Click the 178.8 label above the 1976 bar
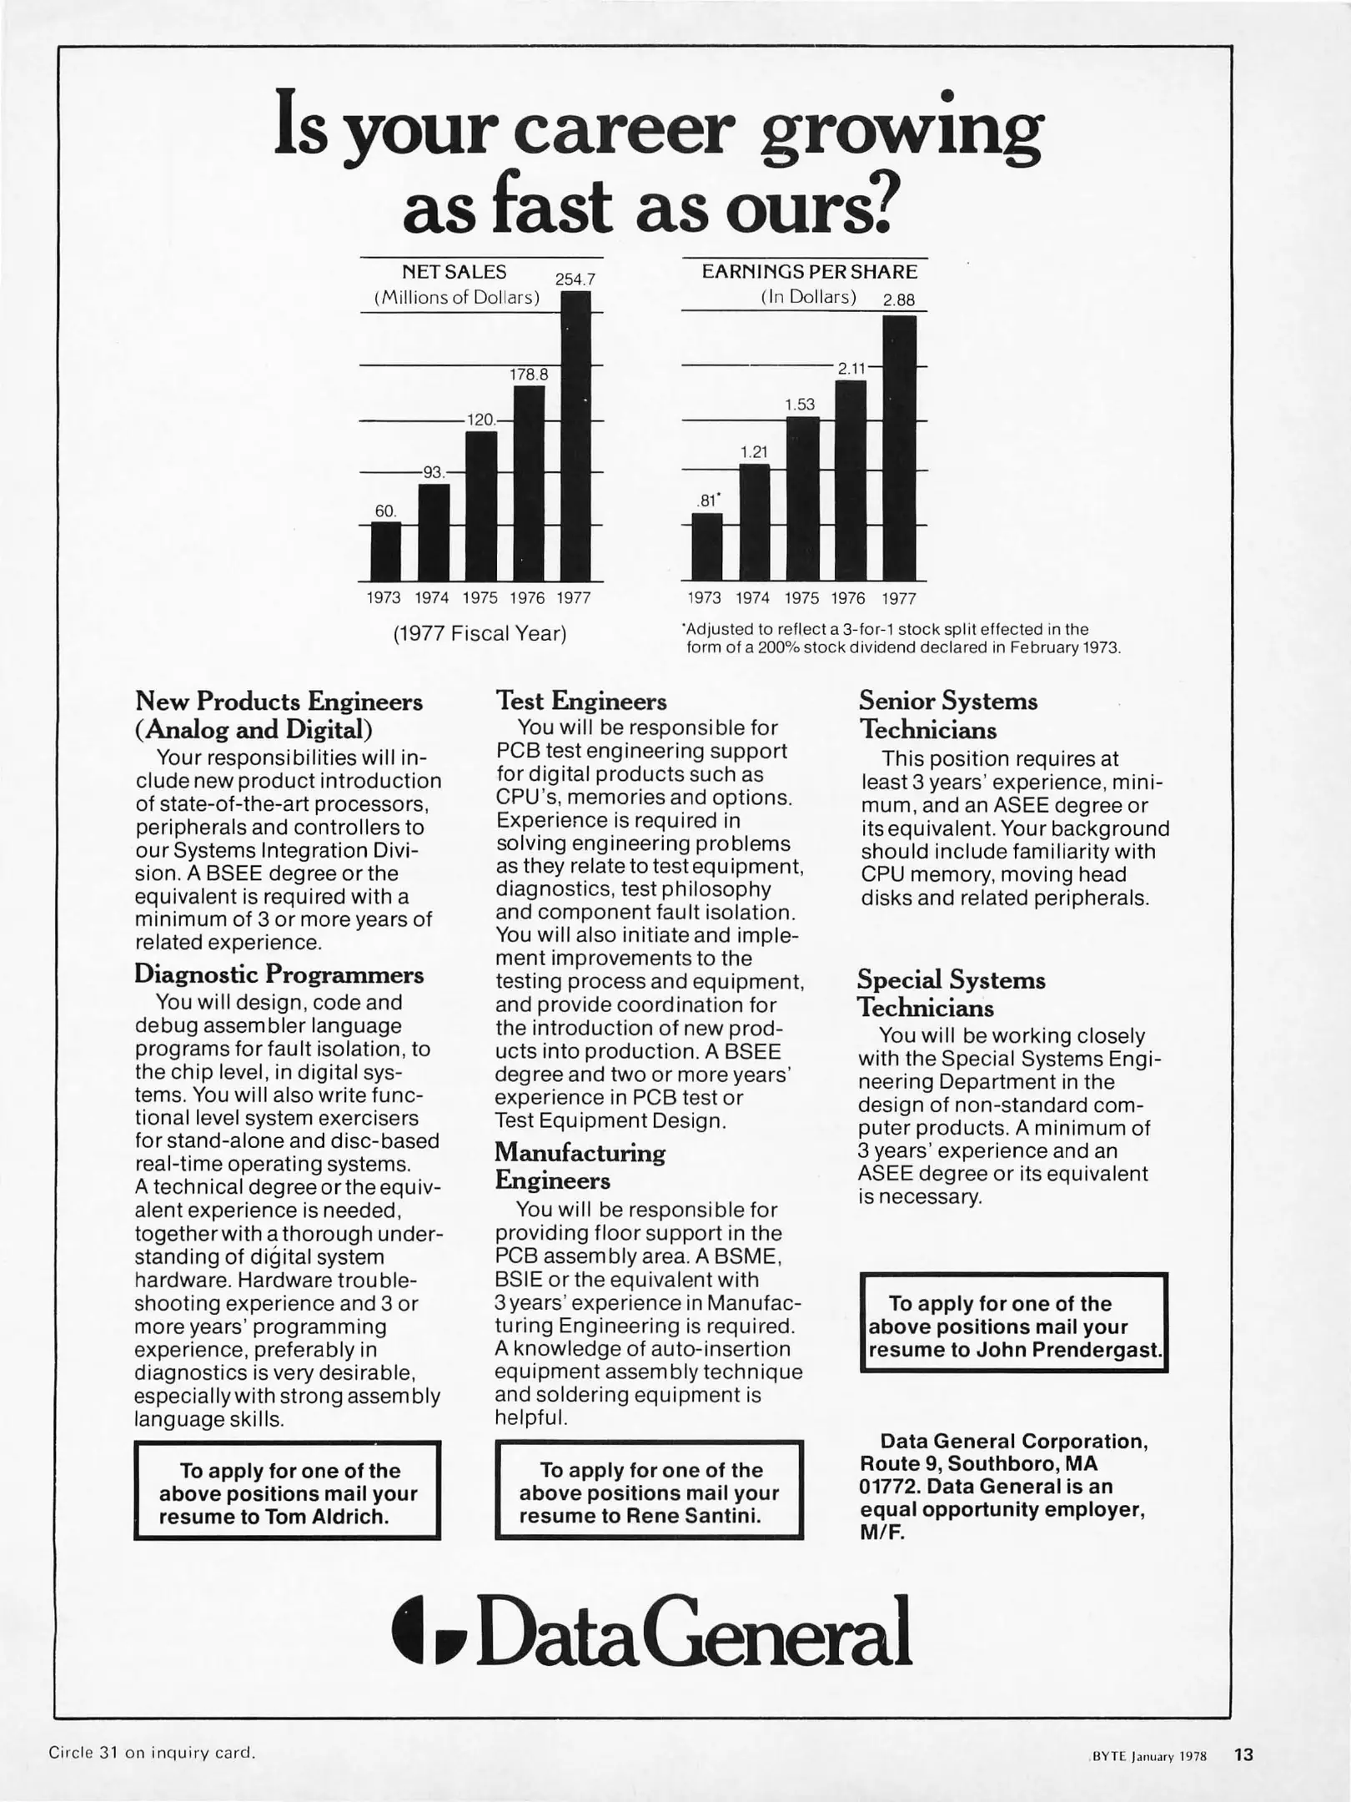pos(529,375)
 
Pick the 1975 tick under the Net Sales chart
pos(480,597)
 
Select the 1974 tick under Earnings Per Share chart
pos(752,598)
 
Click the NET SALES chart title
pos(454,272)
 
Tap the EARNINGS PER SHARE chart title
pos(809,272)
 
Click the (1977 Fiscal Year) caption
pos(480,634)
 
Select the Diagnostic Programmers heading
pos(279,974)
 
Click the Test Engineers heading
pos(581,700)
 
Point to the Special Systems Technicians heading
pos(951,994)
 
